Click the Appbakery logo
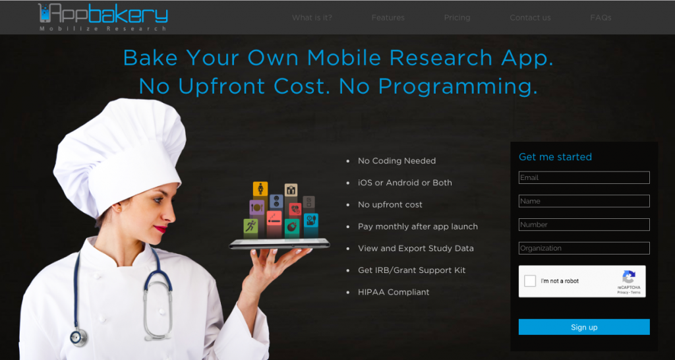click(x=103, y=16)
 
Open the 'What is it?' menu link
click(x=312, y=18)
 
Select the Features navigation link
click(x=388, y=18)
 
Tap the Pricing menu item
click(x=457, y=18)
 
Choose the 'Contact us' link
click(x=530, y=18)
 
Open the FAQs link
click(x=601, y=18)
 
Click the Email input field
click(x=584, y=177)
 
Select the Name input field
click(x=584, y=201)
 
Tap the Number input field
click(x=584, y=224)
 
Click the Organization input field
click(x=584, y=248)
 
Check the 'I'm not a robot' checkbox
click(x=530, y=281)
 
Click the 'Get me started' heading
click(x=555, y=157)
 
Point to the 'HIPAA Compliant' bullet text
click(x=394, y=292)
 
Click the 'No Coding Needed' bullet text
click(x=397, y=161)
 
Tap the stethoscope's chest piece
click(x=79, y=337)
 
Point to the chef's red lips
click(x=161, y=229)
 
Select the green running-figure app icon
click(x=250, y=226)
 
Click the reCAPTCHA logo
click(x=628, y=277)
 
